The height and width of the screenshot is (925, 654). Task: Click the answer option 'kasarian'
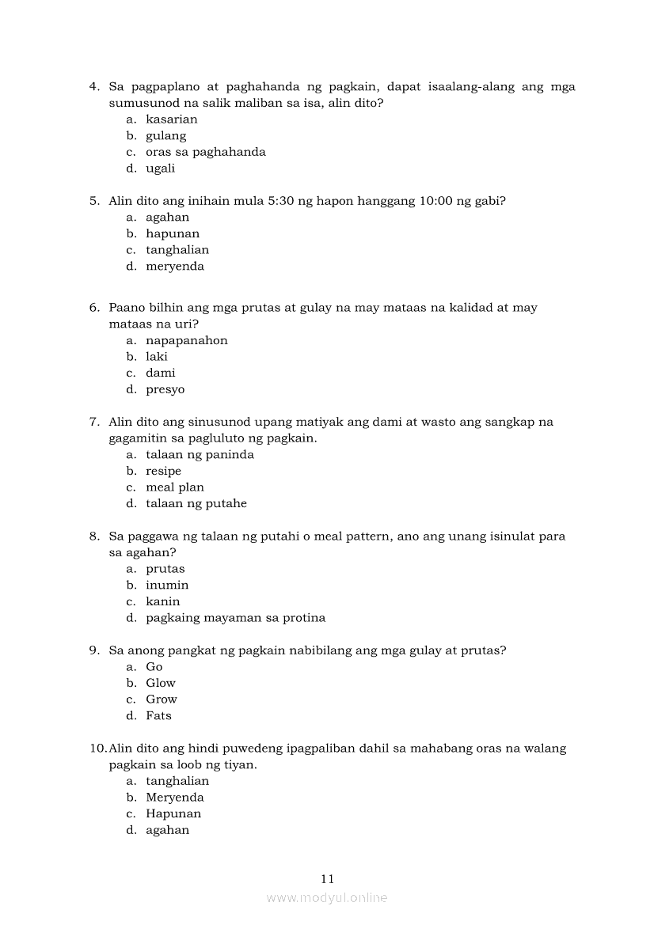(x=171, y=119)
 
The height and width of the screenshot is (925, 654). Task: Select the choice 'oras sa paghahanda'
(x=205, y=152)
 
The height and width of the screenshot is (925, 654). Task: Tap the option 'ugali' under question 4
(x=160, y=169)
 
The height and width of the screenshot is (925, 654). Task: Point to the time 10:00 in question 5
(x=435, y=201)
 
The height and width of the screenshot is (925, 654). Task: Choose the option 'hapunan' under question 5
(x=173, y=233)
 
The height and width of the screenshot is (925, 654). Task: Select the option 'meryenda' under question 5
(x=175, y=267)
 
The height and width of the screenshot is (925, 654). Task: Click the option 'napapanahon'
(x=186, y=341)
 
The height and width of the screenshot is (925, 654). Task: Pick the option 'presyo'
(x=165, y=389)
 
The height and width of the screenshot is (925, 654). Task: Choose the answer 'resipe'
(x=163, y=472)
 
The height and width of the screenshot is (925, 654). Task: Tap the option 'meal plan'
(x=174, y=487)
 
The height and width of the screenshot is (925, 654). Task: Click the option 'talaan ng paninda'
(x=200, y=455)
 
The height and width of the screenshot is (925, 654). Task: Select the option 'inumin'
(x=167, y=586)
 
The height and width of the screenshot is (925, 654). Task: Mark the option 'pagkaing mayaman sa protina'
(x=235, y=618)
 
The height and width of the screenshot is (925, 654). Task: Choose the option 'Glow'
(x=161, y=683)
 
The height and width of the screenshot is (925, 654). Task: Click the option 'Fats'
(x=158, y=716)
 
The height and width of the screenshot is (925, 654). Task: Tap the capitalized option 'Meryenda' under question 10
(x=174, y=798)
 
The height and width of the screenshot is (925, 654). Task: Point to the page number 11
(x=328, y=878)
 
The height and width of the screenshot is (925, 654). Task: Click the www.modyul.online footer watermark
(x=327, y=898)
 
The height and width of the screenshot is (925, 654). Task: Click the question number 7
(x=93, y=423)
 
